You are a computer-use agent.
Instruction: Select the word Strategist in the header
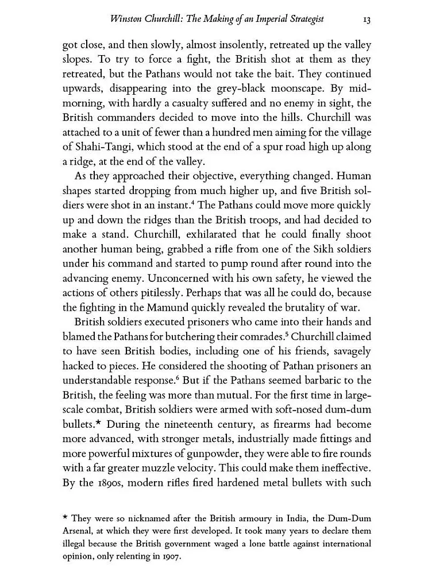[x=304, y=19]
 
